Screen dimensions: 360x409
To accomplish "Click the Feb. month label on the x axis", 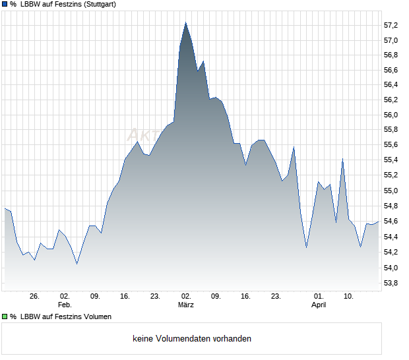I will click(x=64, y=305).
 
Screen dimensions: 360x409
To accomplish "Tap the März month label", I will click(x=186, y=305).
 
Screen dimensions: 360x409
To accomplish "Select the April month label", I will click(x=319, y=305).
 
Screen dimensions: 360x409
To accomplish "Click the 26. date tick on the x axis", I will click(x=35, y=296).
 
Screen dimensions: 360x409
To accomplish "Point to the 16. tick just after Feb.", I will click(x=125, y=296).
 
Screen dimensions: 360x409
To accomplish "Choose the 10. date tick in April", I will click(x=348, y=296).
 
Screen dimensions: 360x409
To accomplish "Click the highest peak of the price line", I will click(x=186, y=22).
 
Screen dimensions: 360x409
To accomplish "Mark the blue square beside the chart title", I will click(x=5, y=5).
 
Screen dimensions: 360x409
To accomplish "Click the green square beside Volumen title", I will click(x=5, y=316).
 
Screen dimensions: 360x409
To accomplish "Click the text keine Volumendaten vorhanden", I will click(x=192, y=339).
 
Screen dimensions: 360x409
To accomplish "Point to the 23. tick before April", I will click(x=276, y=296).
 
